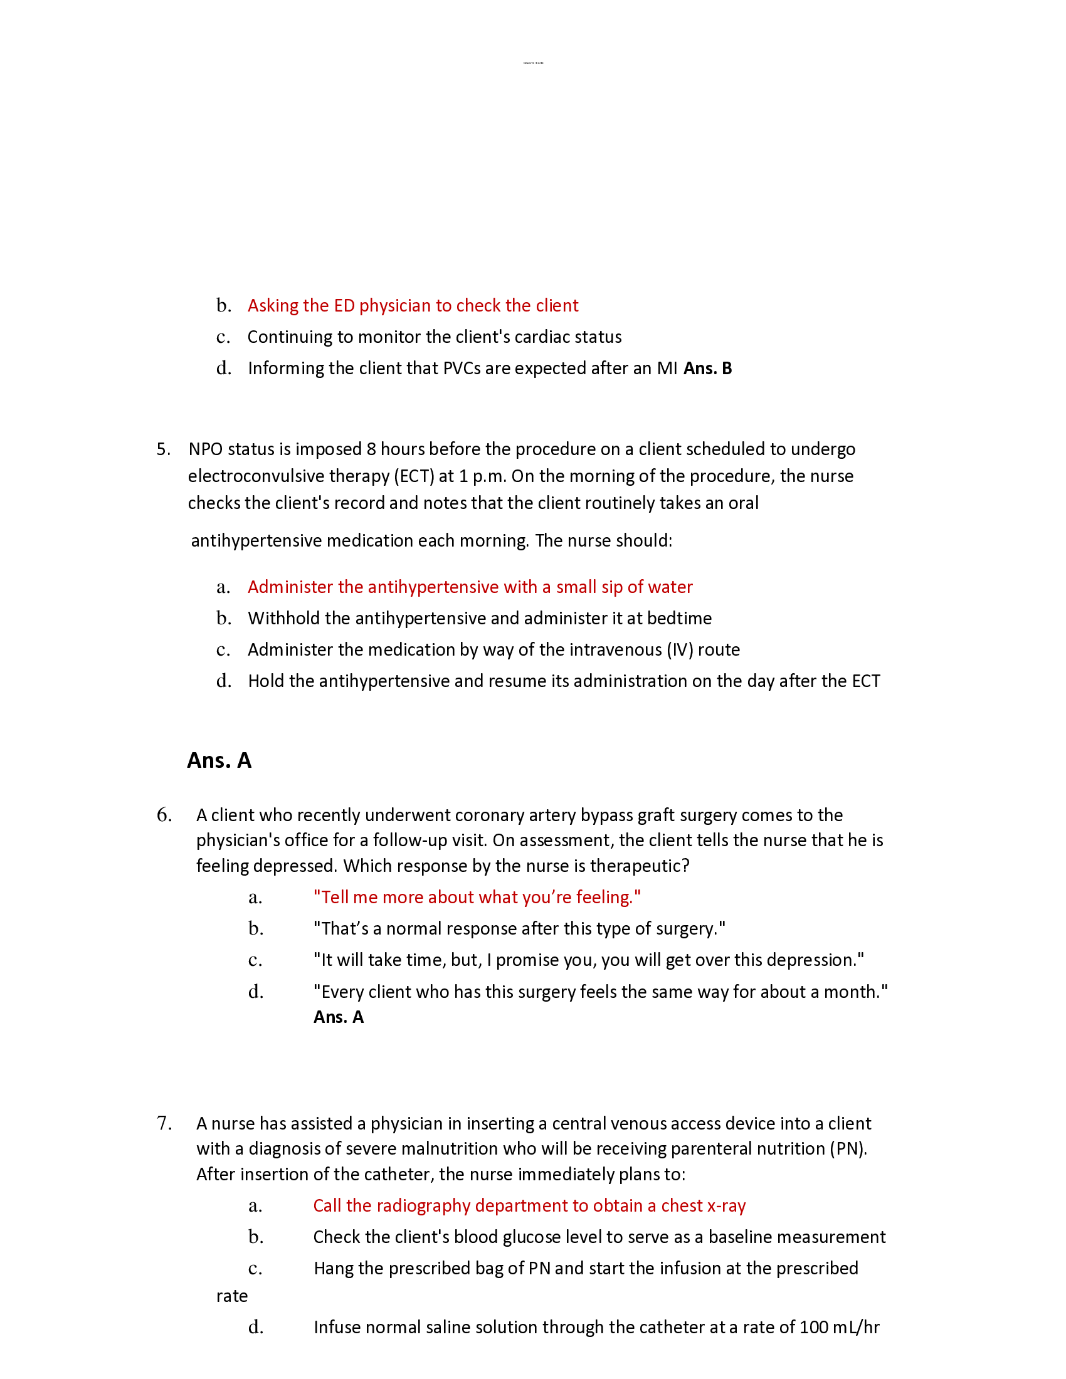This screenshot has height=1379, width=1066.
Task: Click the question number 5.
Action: (x=162, y=449)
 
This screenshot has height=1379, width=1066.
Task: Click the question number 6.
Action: (x=164, y=815)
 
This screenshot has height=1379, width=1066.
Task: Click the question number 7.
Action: (x=164, y=1123)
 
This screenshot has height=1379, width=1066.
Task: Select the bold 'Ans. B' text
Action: (x=707, y=368)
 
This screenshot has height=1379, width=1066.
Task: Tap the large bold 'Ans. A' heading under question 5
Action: (x=219, y=760)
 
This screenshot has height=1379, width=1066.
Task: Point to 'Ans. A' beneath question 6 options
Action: (x=339, y=1017)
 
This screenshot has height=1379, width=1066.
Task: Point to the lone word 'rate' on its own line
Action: (x=232, y=1296)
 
